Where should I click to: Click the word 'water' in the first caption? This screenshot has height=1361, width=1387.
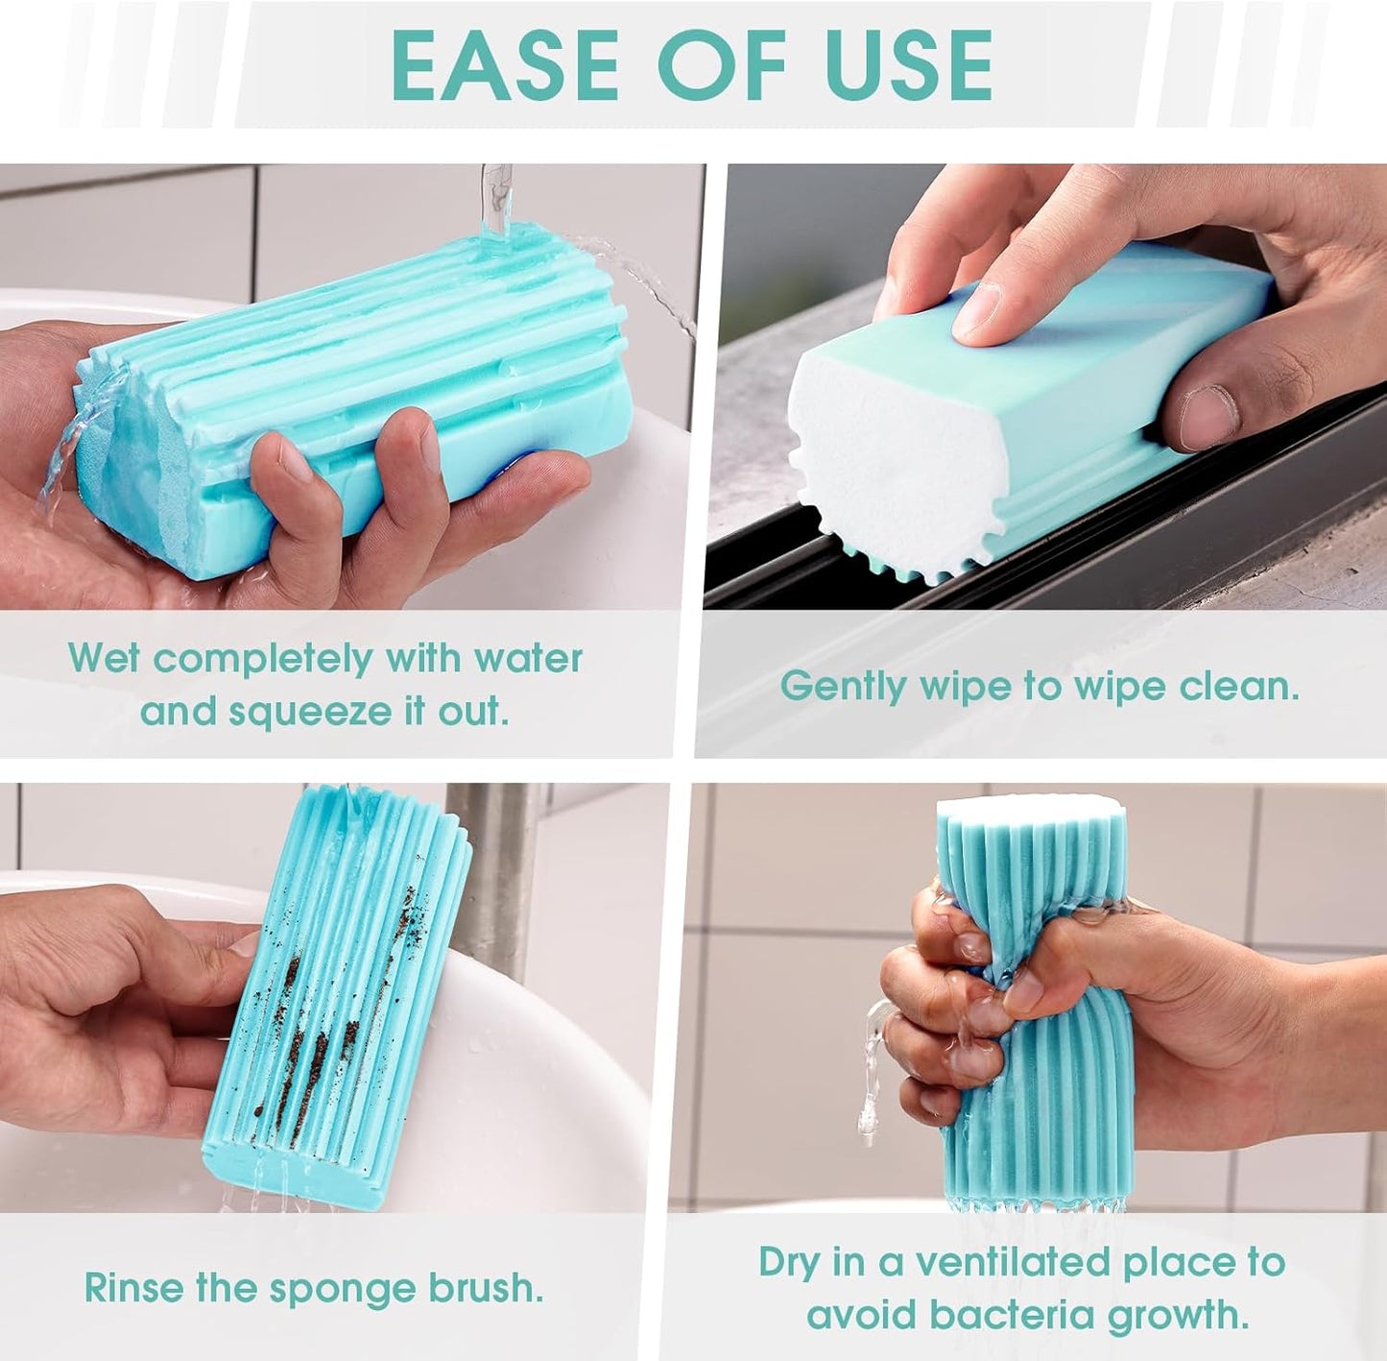(529, 659)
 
